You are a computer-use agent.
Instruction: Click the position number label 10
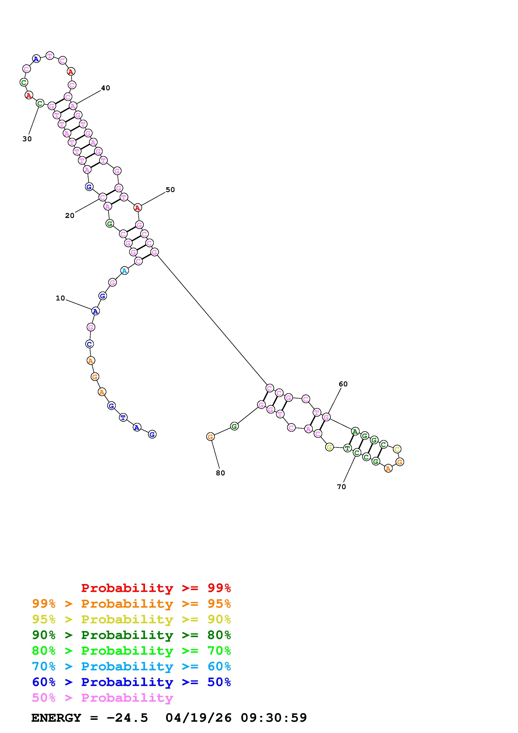click(x=60, y=298)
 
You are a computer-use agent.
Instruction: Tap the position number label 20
click(x=70, y=216)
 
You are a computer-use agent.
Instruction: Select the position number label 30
click(x=27, y=139)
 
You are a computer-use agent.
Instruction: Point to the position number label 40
click(x=106, y=88)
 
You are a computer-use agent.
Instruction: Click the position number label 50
click(x=170, y=190)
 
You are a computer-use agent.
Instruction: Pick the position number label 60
click(x=343, y=384)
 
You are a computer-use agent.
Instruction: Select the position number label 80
click(x=220, y=473)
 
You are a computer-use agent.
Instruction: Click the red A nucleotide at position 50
click(x=137, y=208)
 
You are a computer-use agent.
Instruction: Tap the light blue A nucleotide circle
click(x=125, y=271)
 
